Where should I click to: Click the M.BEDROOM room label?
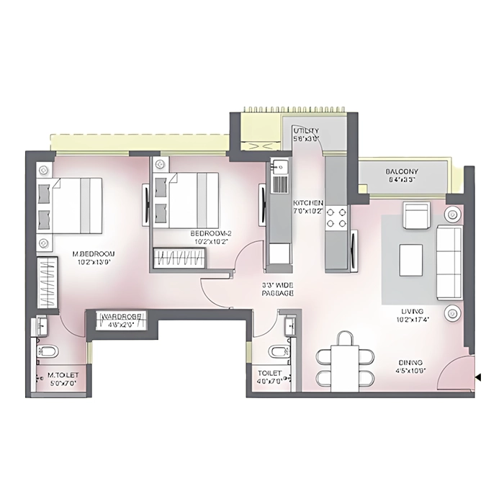coord(94,254)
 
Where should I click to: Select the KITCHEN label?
coord(307,204)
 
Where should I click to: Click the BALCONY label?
coord(402,171)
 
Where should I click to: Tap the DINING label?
coord(409,362)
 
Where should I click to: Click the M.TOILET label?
coord(63,375)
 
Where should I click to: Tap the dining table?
coord(347,364)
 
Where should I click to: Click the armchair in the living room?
coord(415,216)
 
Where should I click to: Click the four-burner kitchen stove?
coord(336,217)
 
